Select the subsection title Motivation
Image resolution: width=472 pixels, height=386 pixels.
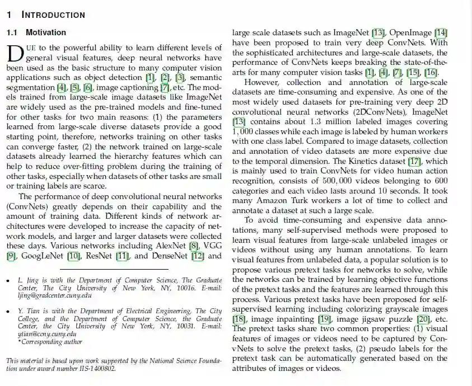[46, 32]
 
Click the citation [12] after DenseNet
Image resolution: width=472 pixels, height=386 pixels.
[197, 256]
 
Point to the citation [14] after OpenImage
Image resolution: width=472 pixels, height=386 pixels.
[441, 32]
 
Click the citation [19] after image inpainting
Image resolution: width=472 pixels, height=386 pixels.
[324, 319]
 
